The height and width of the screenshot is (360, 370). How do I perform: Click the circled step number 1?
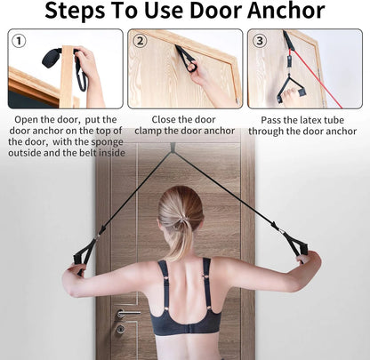pyautogui.click(x=20, y=41)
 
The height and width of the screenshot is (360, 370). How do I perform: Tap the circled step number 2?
pyautogui.click(x=140, y=41)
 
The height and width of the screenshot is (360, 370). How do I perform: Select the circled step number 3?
pyautogui.click(x=259, y=41)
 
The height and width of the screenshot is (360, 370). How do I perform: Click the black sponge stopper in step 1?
pyautogui.click(x=46, y=62)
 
